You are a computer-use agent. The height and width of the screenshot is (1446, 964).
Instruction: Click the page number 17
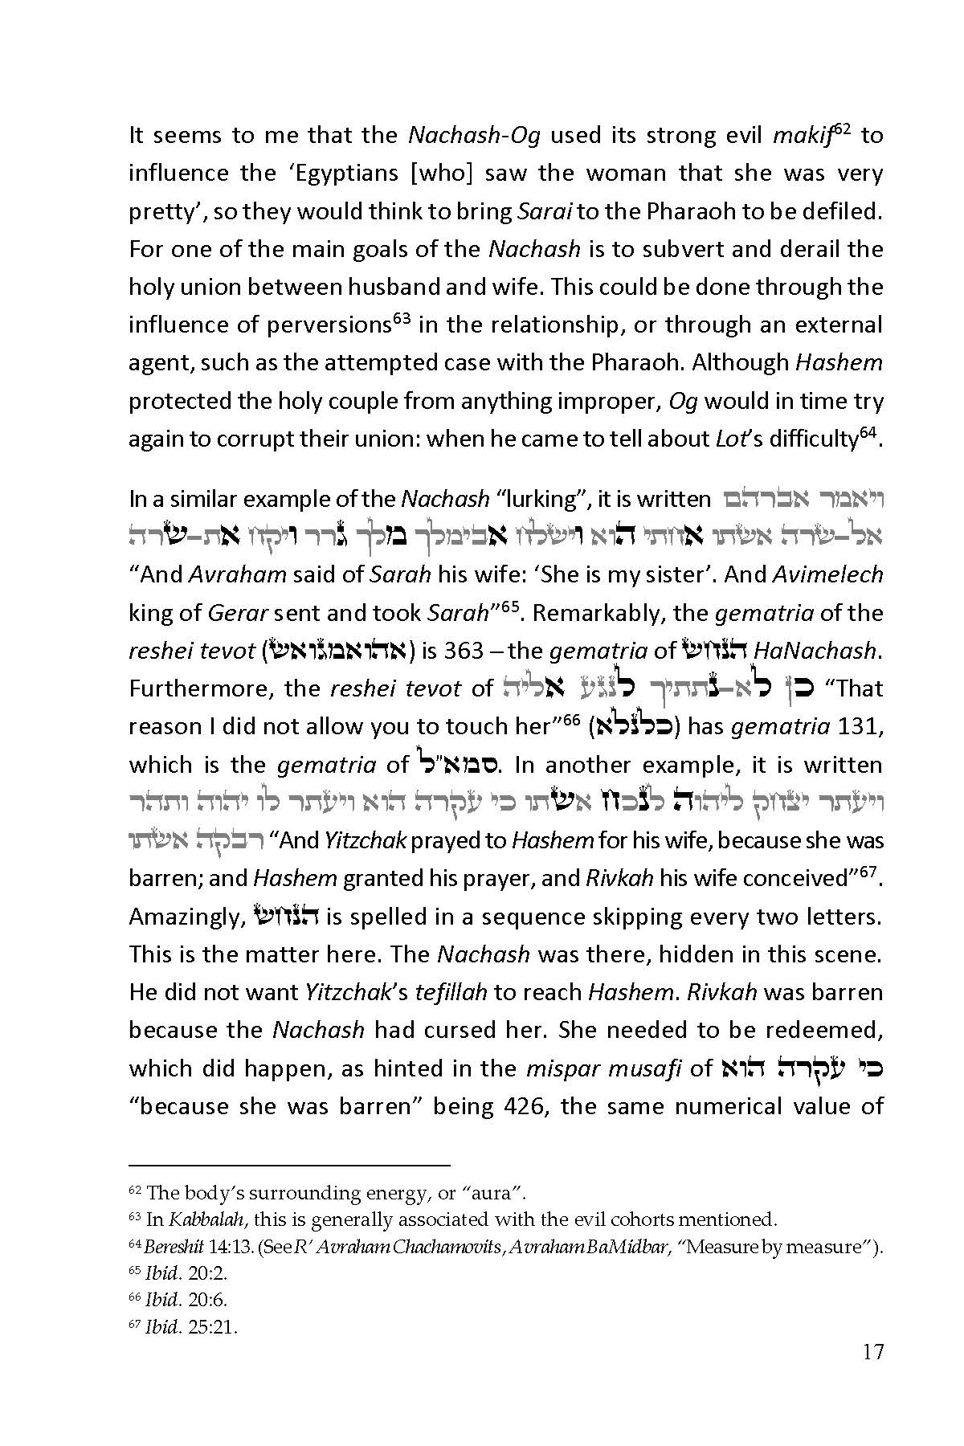pos(872,1352)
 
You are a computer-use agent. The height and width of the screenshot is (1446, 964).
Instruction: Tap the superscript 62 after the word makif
pos(843,129)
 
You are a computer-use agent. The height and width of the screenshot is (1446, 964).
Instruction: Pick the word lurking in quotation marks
pos(541,500)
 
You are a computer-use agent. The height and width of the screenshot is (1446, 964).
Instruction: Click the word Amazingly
pos(184,917)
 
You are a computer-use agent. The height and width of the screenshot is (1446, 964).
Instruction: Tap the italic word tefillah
pos(451,993)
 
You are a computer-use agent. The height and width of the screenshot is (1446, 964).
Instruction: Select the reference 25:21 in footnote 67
pos(213,1327)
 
